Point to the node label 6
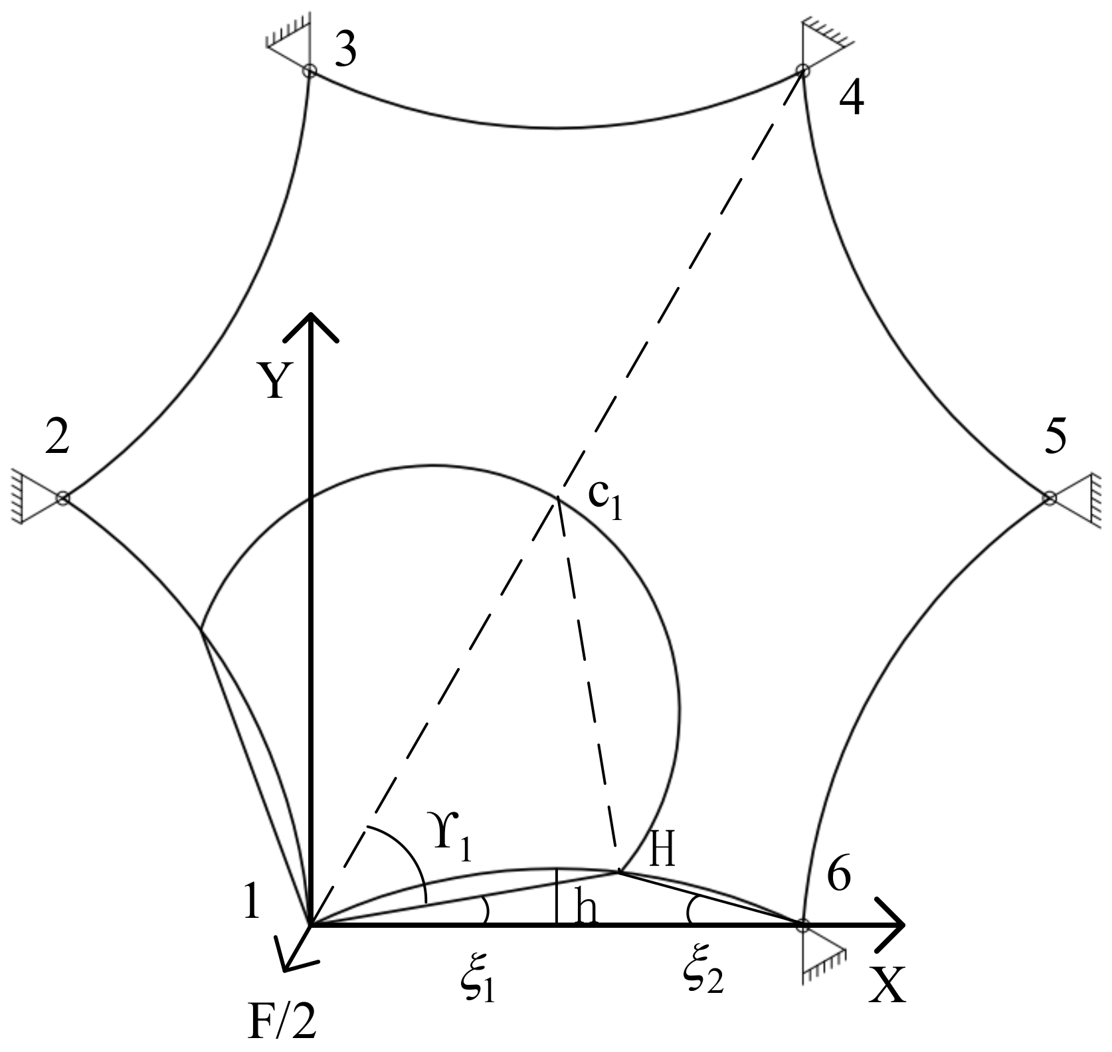tap(838, 877)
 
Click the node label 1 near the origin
tap(251, 902)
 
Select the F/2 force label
tap(282, 1023)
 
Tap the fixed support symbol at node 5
tap(1083, 497)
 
